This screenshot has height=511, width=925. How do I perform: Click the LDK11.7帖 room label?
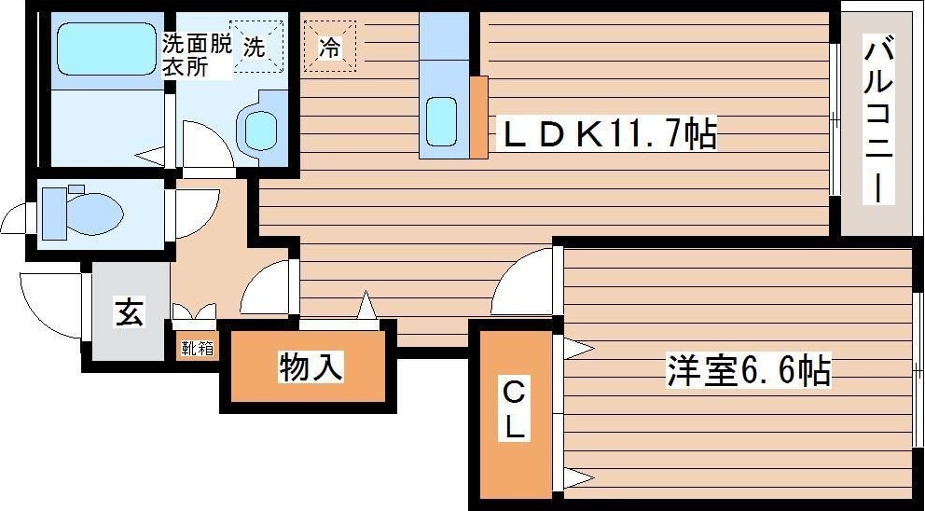(x=609, y=134)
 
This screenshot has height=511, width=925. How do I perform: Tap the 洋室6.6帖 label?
(x=749, y=370)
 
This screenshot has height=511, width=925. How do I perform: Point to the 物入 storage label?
(x=310, y=368)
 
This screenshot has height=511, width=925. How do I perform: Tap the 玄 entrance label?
(x=130, y=312)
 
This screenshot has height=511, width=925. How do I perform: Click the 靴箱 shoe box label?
(x=197, y=348)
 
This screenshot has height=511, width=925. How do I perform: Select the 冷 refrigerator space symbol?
(x=330, y=46)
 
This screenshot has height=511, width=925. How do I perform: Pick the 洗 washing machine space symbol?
(x=256, y=47)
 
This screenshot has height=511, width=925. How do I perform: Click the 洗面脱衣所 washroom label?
(x=197, y=56)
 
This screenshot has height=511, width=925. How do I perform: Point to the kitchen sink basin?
(x=441, y=121)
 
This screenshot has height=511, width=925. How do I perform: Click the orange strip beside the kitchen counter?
(x=478, y=117)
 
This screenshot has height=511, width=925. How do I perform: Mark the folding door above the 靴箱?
(x=194, y=312)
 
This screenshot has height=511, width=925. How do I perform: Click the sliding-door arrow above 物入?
(x=367, y=306)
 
